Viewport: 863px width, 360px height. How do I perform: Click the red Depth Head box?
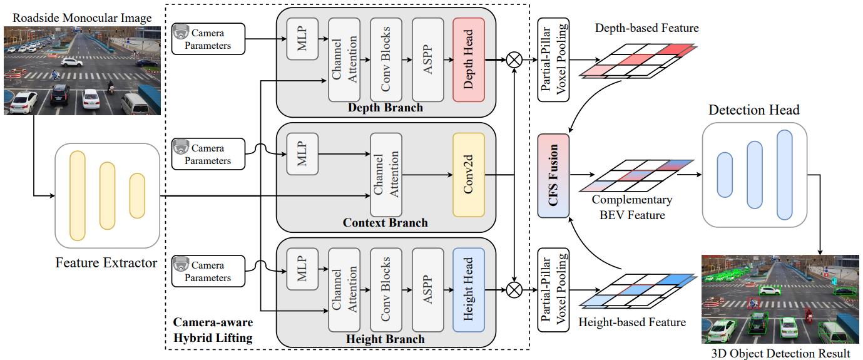click(469, 60)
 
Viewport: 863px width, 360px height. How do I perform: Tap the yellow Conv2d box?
click(469, 175)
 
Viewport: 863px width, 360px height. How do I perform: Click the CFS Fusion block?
click(553, 176)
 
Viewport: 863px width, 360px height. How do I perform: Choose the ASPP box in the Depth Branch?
click(428, 60)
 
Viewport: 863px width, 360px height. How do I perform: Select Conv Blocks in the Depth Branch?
click(386, 60)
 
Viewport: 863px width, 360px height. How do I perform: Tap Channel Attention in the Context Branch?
click(386, 175)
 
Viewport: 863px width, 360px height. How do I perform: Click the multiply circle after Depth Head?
click(514, 60)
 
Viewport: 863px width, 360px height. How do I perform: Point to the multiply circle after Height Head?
click(514, 289)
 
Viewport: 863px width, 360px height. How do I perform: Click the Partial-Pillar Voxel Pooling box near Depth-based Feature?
click(553, 60)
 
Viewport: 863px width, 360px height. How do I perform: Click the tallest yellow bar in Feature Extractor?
click(78, 195)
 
